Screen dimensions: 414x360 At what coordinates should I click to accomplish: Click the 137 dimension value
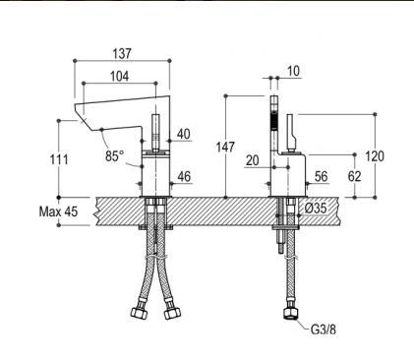tap(122, 53)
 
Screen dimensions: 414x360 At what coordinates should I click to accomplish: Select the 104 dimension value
tap(119, 76)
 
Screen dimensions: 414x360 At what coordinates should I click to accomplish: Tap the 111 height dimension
tap(59, 159)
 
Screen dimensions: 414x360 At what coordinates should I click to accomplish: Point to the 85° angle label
tap(115, 155)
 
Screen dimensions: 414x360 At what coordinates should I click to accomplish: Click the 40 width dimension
tap(184, 134)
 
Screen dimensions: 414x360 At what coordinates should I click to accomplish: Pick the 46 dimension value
tap(184, 176)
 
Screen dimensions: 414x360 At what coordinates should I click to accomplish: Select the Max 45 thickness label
tap(58, 211)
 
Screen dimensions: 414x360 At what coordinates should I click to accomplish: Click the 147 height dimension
tap(225, 148)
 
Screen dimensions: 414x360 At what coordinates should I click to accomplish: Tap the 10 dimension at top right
tap(293, 71)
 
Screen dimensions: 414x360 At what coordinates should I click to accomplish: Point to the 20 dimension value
tap(253, 160)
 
